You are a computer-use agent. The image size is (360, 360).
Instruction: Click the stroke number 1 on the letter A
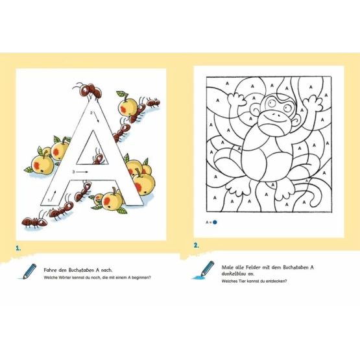[x=49, y=200]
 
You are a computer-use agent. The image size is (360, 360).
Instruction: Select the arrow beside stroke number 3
[x=82, y=172]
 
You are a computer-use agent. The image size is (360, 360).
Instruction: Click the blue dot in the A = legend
[x=215, y=222]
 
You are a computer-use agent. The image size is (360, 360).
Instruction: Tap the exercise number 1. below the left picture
[x=18, y=248]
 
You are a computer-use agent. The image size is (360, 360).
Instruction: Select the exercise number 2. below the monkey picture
[x=196, y=245]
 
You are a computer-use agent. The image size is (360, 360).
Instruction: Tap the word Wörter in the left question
[x=65, y=278]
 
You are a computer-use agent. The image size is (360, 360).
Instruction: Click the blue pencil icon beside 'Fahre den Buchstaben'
[x=28, y=271]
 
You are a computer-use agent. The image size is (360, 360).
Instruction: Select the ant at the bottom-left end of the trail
[x=34, y=222]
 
